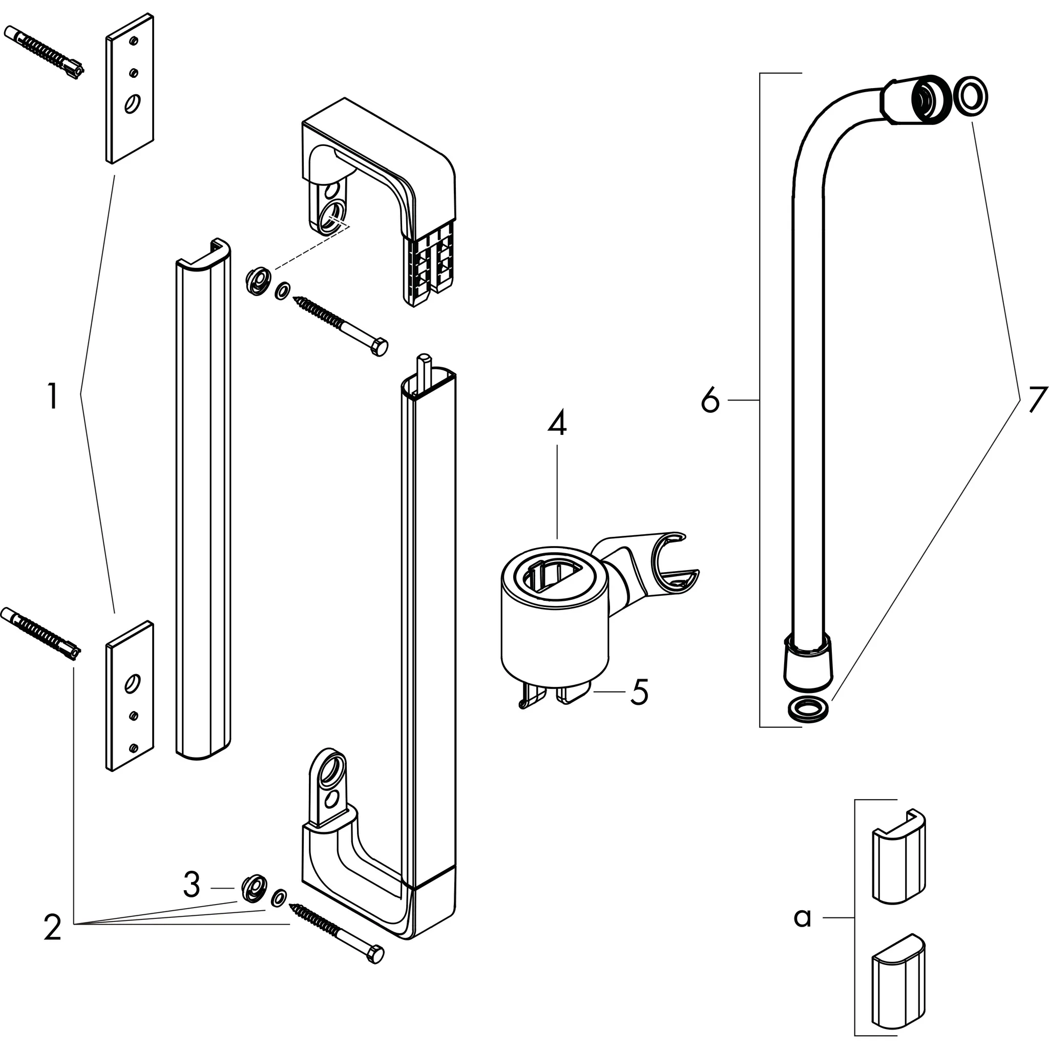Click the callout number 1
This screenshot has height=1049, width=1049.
[x=52, y=397]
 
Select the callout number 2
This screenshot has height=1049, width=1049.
[x=53, y=929]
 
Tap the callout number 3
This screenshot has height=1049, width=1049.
[x=191, y=885]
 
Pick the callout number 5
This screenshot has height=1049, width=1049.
[x=639, y=693]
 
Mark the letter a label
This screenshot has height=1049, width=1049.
[x=802, y=917]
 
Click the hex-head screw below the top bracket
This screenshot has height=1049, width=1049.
[x=341, y=325]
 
